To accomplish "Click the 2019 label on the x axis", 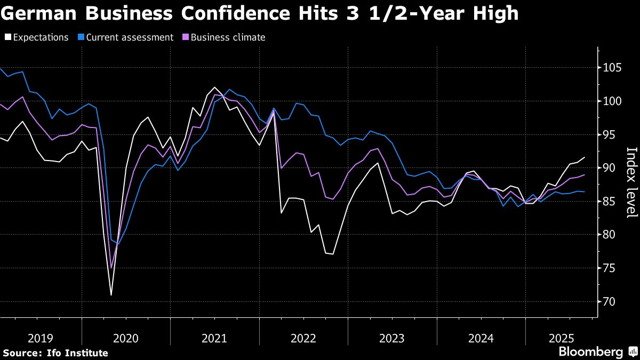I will click(40, 338).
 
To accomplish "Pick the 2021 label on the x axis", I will click(214, 338).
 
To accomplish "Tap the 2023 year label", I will click(392, 338).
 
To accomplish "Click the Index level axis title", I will click(631, 182).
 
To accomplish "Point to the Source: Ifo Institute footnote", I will click(55, 353).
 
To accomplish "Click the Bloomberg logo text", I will click(590, 352).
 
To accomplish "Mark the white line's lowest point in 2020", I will click(111, 295).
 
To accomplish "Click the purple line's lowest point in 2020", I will click(111, 267).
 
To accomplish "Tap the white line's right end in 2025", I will click(585, 157).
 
